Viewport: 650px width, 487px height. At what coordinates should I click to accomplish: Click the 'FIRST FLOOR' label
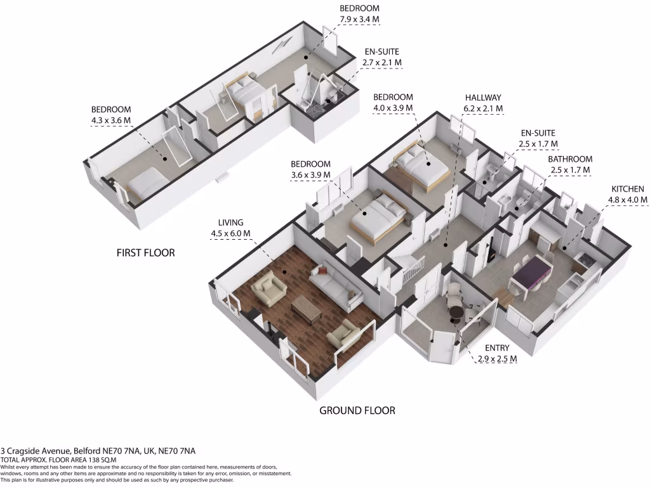(145, 253)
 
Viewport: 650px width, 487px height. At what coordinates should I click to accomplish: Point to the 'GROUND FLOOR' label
(357, 411)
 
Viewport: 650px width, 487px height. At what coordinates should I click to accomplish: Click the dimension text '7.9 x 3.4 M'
(359, 20)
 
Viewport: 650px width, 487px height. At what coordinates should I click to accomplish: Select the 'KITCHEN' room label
(627, 189)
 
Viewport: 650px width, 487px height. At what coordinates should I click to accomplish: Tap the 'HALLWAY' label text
(482, 98)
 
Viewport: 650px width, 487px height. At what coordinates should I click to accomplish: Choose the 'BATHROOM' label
(570, 159)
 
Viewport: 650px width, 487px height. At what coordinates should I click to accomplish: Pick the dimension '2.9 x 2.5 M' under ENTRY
(497, 360)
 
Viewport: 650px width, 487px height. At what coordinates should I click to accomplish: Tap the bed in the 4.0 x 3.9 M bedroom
(421, 166)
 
